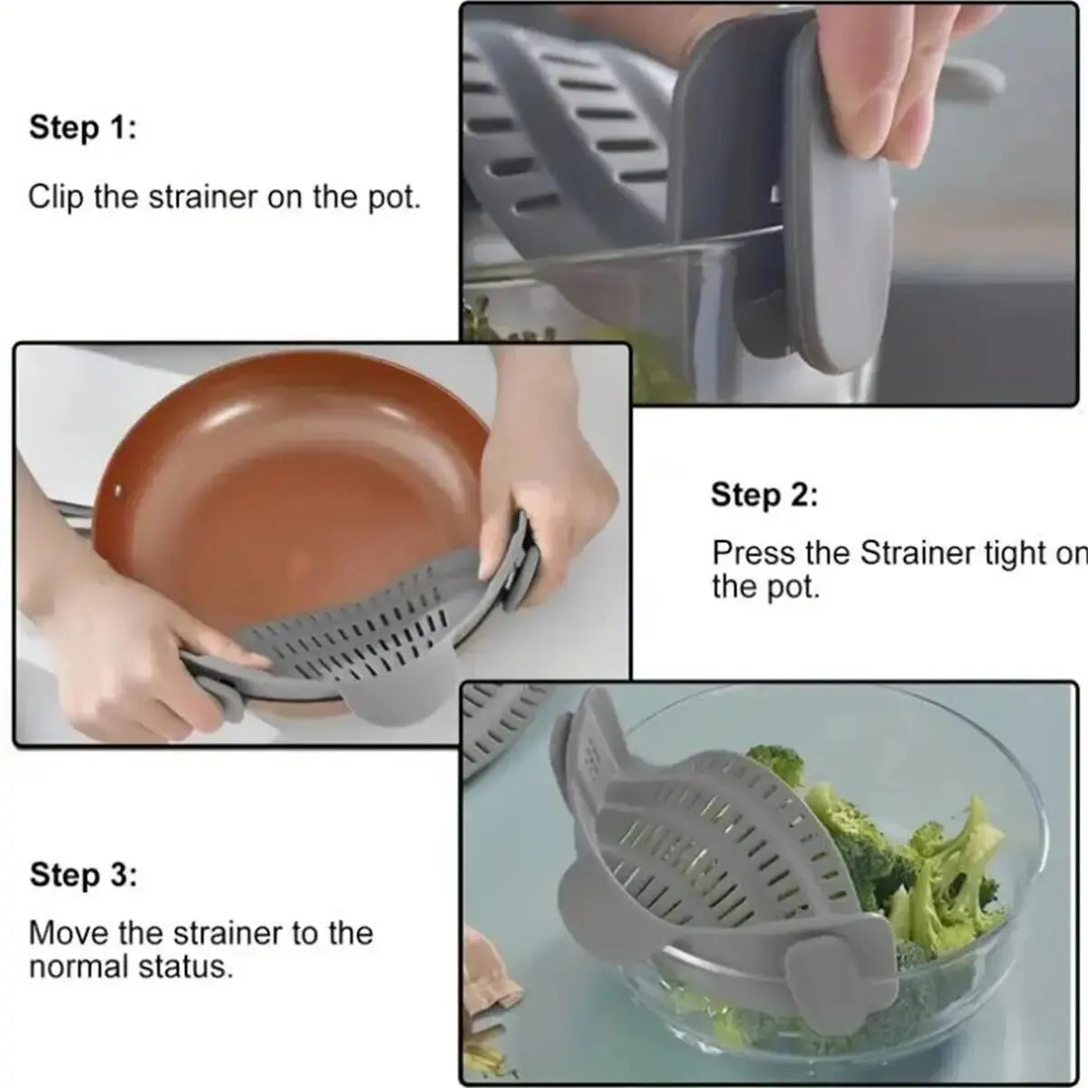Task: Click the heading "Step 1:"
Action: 83,128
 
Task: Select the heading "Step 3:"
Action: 83,876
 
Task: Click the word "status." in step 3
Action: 188,967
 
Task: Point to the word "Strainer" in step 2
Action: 916,553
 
